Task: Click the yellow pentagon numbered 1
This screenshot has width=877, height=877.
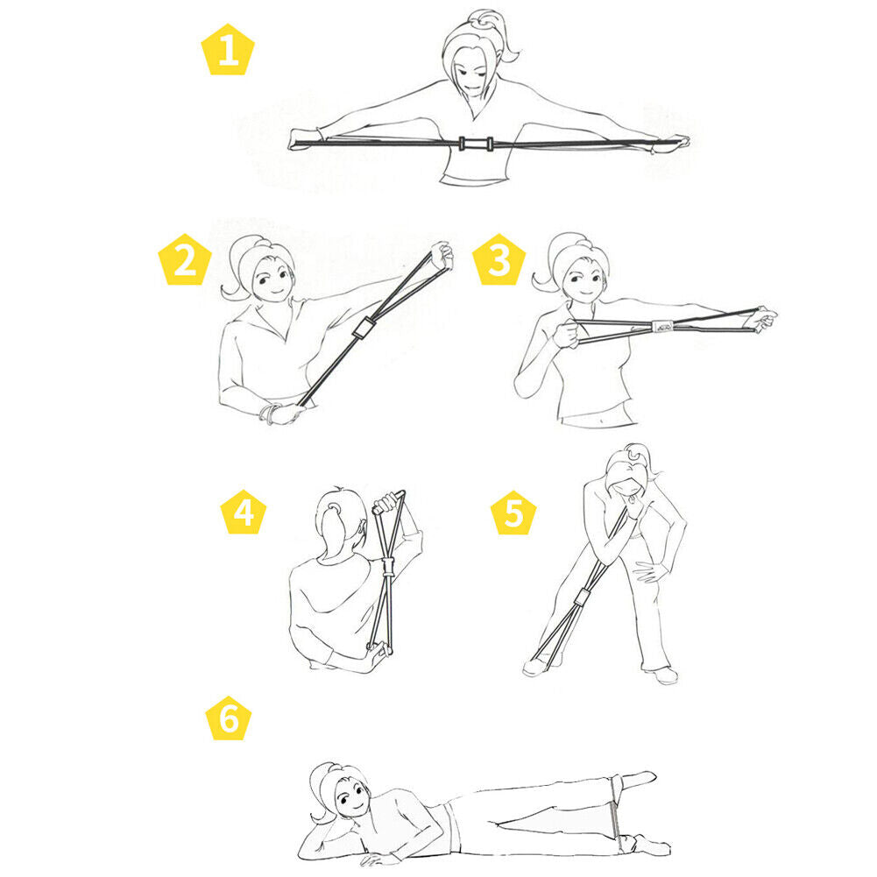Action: tap(228, 50)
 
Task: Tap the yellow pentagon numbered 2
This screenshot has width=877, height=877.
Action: tap(185, 260)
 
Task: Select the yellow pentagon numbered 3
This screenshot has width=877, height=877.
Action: tap(499, 260)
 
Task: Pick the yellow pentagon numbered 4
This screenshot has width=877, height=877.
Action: tap(244, 512)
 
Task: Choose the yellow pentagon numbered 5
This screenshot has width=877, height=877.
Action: tap(513, 513)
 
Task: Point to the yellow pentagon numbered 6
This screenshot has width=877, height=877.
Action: tap(228, 718)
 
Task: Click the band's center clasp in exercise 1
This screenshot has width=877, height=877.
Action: tap(476, 143)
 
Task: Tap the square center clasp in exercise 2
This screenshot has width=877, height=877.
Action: tap(364, 328)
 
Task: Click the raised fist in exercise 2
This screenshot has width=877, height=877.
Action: tap(443, 255)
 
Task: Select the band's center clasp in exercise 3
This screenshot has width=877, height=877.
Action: tap(662, 327)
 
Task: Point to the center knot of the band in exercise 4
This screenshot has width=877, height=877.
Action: tap(387, 567)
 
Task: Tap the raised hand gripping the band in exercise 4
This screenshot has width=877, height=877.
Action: tap(387, 502)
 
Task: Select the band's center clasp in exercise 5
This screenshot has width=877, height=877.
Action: tap(581, 598)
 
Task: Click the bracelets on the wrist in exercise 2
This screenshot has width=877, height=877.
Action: tap(268, 414)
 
